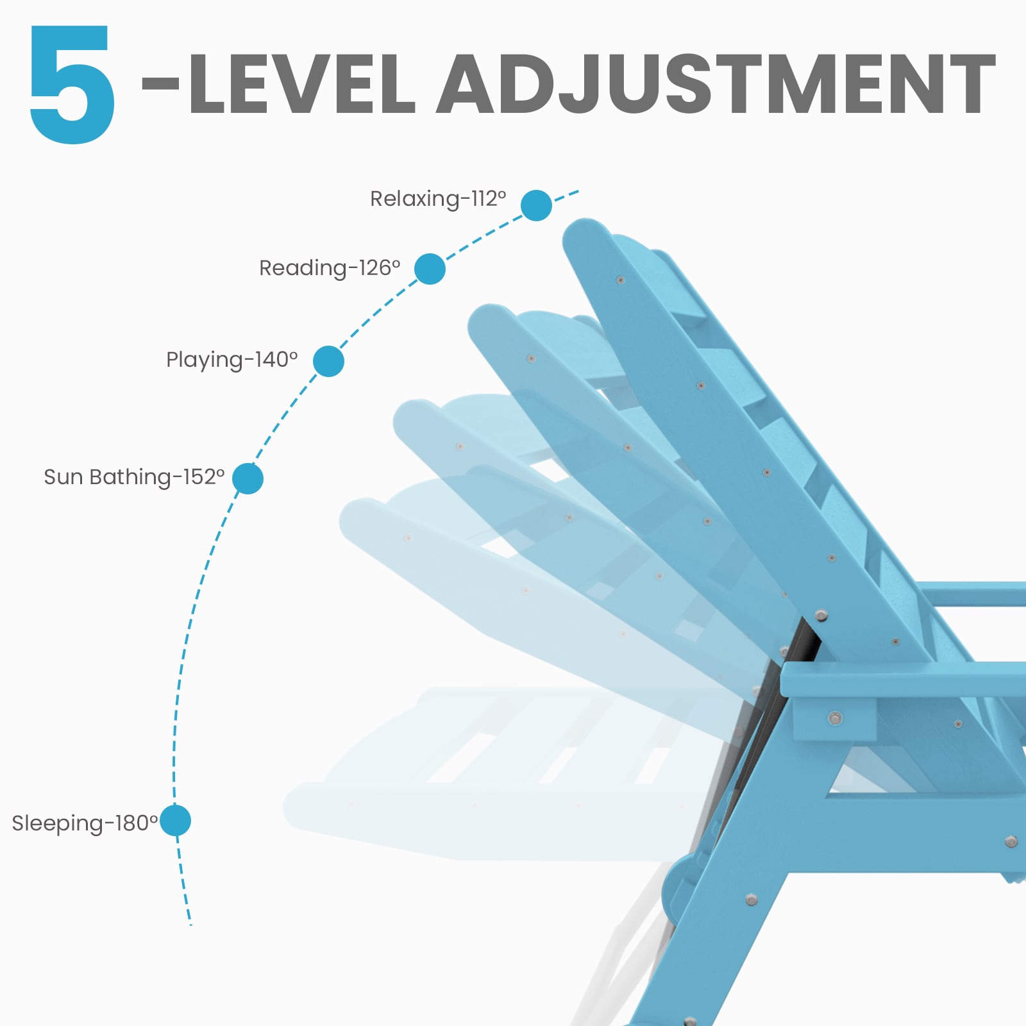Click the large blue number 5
72,84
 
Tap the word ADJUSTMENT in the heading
716,84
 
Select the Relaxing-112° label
438,199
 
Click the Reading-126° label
330,268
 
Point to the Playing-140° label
231,360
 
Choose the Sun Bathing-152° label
134,477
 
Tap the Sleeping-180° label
85,823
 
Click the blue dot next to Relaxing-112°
536,205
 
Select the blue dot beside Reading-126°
430,269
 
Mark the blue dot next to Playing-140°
328,361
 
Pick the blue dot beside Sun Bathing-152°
248,478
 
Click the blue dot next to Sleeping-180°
175,821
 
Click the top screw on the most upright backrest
620,280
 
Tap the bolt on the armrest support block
834,718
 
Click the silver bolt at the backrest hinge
821,616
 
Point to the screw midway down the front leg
751,900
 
